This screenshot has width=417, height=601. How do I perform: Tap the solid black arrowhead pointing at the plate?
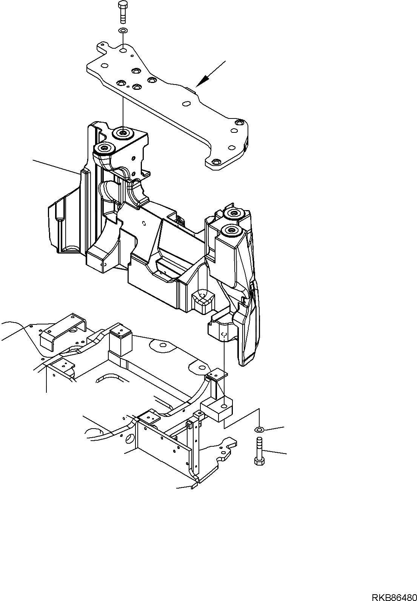[x=204, y=80]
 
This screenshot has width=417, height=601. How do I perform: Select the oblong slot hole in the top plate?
[x=186, y=103]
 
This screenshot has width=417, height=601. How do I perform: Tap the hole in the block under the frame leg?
[x=225, y=406]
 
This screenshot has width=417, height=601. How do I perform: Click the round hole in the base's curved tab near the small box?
[x=163, y=345]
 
